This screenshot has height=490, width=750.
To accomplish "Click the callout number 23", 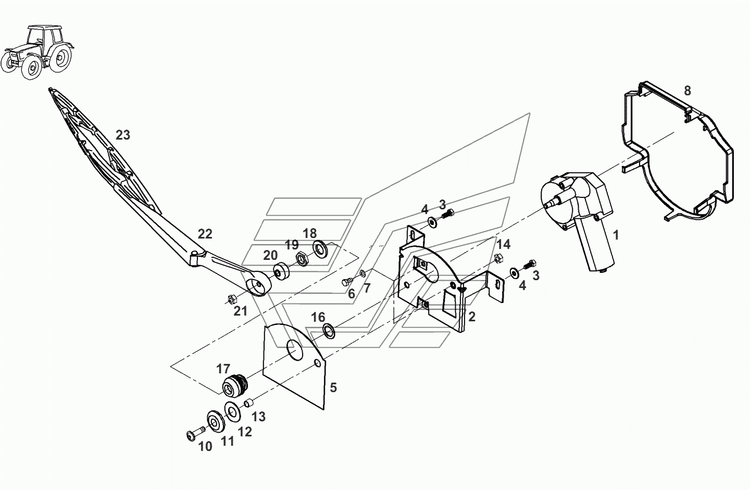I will click(123, 135).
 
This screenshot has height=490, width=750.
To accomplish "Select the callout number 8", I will click(687, 91).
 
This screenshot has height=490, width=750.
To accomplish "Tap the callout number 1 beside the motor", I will click(616, 235).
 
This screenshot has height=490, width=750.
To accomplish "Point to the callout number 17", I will click(223, 369).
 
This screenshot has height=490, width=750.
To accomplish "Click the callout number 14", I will click(503, 245).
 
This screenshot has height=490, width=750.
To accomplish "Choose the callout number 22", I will click(205, 234).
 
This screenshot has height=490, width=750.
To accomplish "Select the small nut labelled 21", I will click(233, 299).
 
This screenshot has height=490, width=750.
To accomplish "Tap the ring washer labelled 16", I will click(329, 330).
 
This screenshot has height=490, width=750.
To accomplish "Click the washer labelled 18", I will click(319, 247).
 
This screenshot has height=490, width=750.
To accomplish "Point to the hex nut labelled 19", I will click(301, 258).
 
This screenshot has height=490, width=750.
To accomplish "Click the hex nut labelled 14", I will click(497, 257).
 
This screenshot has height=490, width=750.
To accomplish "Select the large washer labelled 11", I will click(214, 420).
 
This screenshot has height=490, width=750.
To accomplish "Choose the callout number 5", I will click(333, 387).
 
